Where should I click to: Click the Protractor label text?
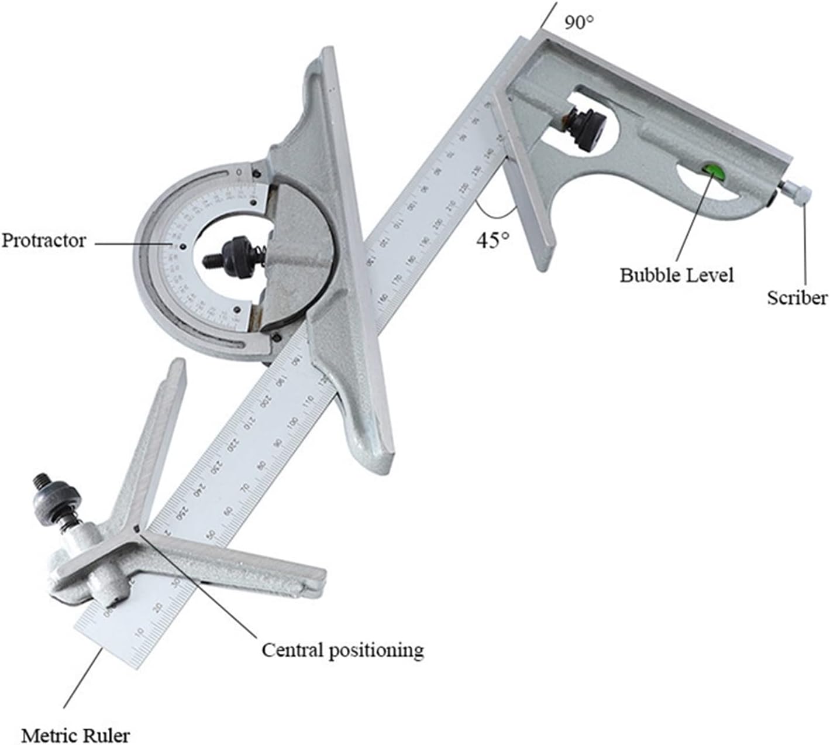pos(44,241)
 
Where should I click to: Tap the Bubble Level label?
pos(677,274)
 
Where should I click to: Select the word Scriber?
pos(797,298)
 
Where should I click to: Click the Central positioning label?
pos(342,650)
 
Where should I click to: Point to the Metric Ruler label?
pos(75,735)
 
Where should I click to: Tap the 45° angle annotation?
pos(492,241)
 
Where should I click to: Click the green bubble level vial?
pos(713,171)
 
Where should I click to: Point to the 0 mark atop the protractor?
pos(239,173)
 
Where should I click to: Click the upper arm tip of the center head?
pos(176,368)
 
